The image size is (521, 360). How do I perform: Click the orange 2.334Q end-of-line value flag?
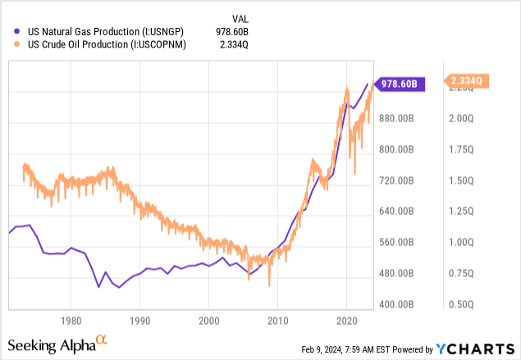click(x=468, y=80)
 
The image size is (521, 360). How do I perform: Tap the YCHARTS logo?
click(x=478, y=345)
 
